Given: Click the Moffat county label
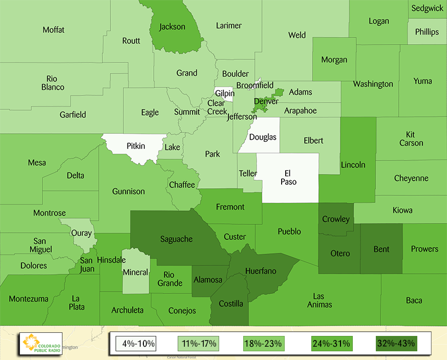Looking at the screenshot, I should pos(54,30).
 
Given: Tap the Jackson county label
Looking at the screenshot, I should pos(173,27).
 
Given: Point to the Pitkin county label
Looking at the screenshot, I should pos(136,146).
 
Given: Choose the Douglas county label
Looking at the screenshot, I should pos(263,137).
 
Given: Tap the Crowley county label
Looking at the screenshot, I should pos(336,219).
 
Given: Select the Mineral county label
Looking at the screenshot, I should pos(136,272).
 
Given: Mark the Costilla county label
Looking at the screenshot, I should pos(231,304).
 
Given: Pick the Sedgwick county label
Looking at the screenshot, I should pos(427,8).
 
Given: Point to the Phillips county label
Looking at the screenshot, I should pos(427,32).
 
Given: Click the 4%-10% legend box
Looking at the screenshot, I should pos(136,343).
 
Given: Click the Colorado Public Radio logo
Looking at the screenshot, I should pos(40,344).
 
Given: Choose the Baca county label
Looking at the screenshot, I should pos(414,300).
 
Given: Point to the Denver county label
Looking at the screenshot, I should pos(266,101).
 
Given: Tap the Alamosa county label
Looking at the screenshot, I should pos(207,280).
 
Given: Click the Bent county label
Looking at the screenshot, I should pos(381,249).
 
